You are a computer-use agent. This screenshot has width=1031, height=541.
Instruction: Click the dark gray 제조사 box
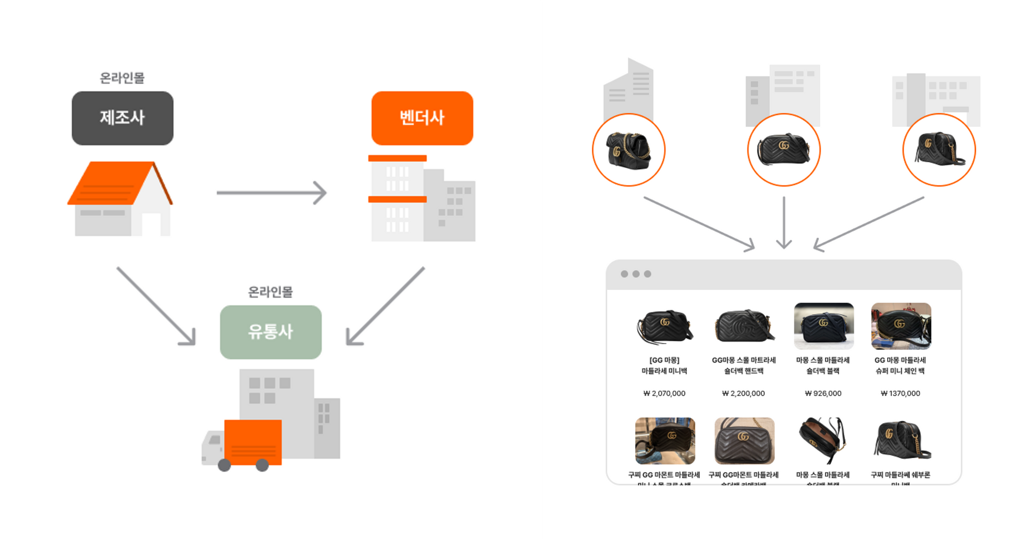tap(122, 118)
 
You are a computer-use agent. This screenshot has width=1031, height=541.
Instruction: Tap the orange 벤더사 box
tap(422, 118)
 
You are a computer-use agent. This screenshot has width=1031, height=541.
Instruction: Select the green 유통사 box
tap(271, 332)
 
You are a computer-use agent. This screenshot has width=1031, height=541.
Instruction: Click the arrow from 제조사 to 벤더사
tap(271, 193)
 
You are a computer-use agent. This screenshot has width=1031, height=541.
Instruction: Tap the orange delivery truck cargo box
tap(253, 442)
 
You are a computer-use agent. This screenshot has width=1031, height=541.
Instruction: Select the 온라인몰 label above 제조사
tap(122, 78)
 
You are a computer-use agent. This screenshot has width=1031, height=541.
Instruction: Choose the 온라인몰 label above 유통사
tap(271, 292)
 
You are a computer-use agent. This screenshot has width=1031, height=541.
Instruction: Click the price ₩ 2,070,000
tap(664, 394)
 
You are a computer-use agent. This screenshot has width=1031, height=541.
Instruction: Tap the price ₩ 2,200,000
tap(743, 394)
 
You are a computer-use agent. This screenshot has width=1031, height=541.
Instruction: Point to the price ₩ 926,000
tap(823, 394)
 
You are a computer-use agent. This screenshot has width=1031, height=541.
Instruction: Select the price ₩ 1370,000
tap(901, 394)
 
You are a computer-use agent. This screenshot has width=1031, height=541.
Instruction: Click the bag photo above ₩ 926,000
tap(824, 326)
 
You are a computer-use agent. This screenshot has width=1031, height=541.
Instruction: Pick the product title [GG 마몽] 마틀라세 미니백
tap(664, 365)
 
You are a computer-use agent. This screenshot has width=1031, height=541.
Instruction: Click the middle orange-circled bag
tap(784, 149)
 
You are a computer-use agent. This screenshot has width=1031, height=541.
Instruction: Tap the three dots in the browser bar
tap(636, 274)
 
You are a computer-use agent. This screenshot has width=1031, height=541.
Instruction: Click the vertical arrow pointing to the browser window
tap(784, 222)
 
